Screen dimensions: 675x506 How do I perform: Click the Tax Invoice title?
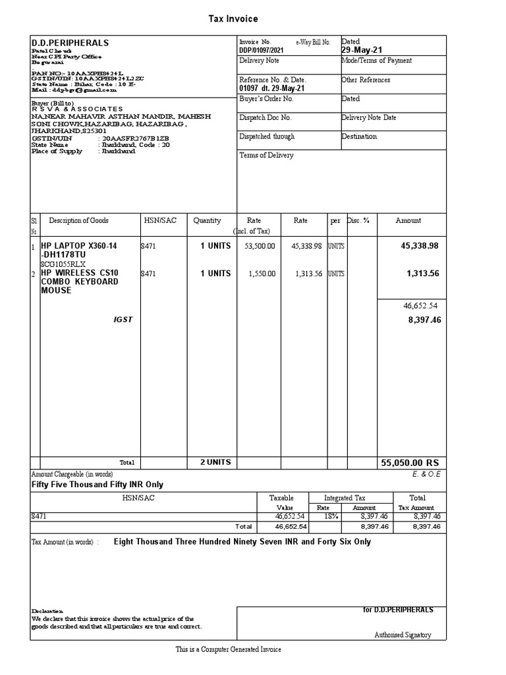coord(233,19)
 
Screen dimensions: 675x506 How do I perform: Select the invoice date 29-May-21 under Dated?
coord(362,51)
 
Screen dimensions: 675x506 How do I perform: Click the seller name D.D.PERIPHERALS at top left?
coord(70,43)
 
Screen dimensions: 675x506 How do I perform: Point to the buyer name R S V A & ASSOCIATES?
coord(77,109)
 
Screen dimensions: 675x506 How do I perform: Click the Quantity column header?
coord(207,221)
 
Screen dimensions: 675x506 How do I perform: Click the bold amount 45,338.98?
coord(419,246)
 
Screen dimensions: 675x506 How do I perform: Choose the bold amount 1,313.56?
coord(422,274)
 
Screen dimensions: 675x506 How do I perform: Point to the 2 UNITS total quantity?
coord(215,463)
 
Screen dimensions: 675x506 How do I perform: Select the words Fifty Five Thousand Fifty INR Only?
coord(98,484)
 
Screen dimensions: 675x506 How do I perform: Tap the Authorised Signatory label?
coord(403,635)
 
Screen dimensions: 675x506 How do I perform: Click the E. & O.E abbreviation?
coord(426,474)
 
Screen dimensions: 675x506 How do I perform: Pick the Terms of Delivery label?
coord(266,156)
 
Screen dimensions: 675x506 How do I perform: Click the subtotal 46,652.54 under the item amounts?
coord(420,306)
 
